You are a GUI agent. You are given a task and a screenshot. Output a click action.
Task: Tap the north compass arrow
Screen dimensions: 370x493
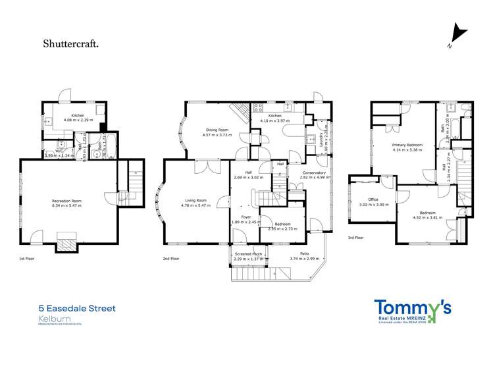tap(457, 34)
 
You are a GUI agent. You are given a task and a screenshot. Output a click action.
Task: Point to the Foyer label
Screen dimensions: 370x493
tap(246, 217)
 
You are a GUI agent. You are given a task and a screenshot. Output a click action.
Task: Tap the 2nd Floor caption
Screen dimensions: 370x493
tap(170, 259)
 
